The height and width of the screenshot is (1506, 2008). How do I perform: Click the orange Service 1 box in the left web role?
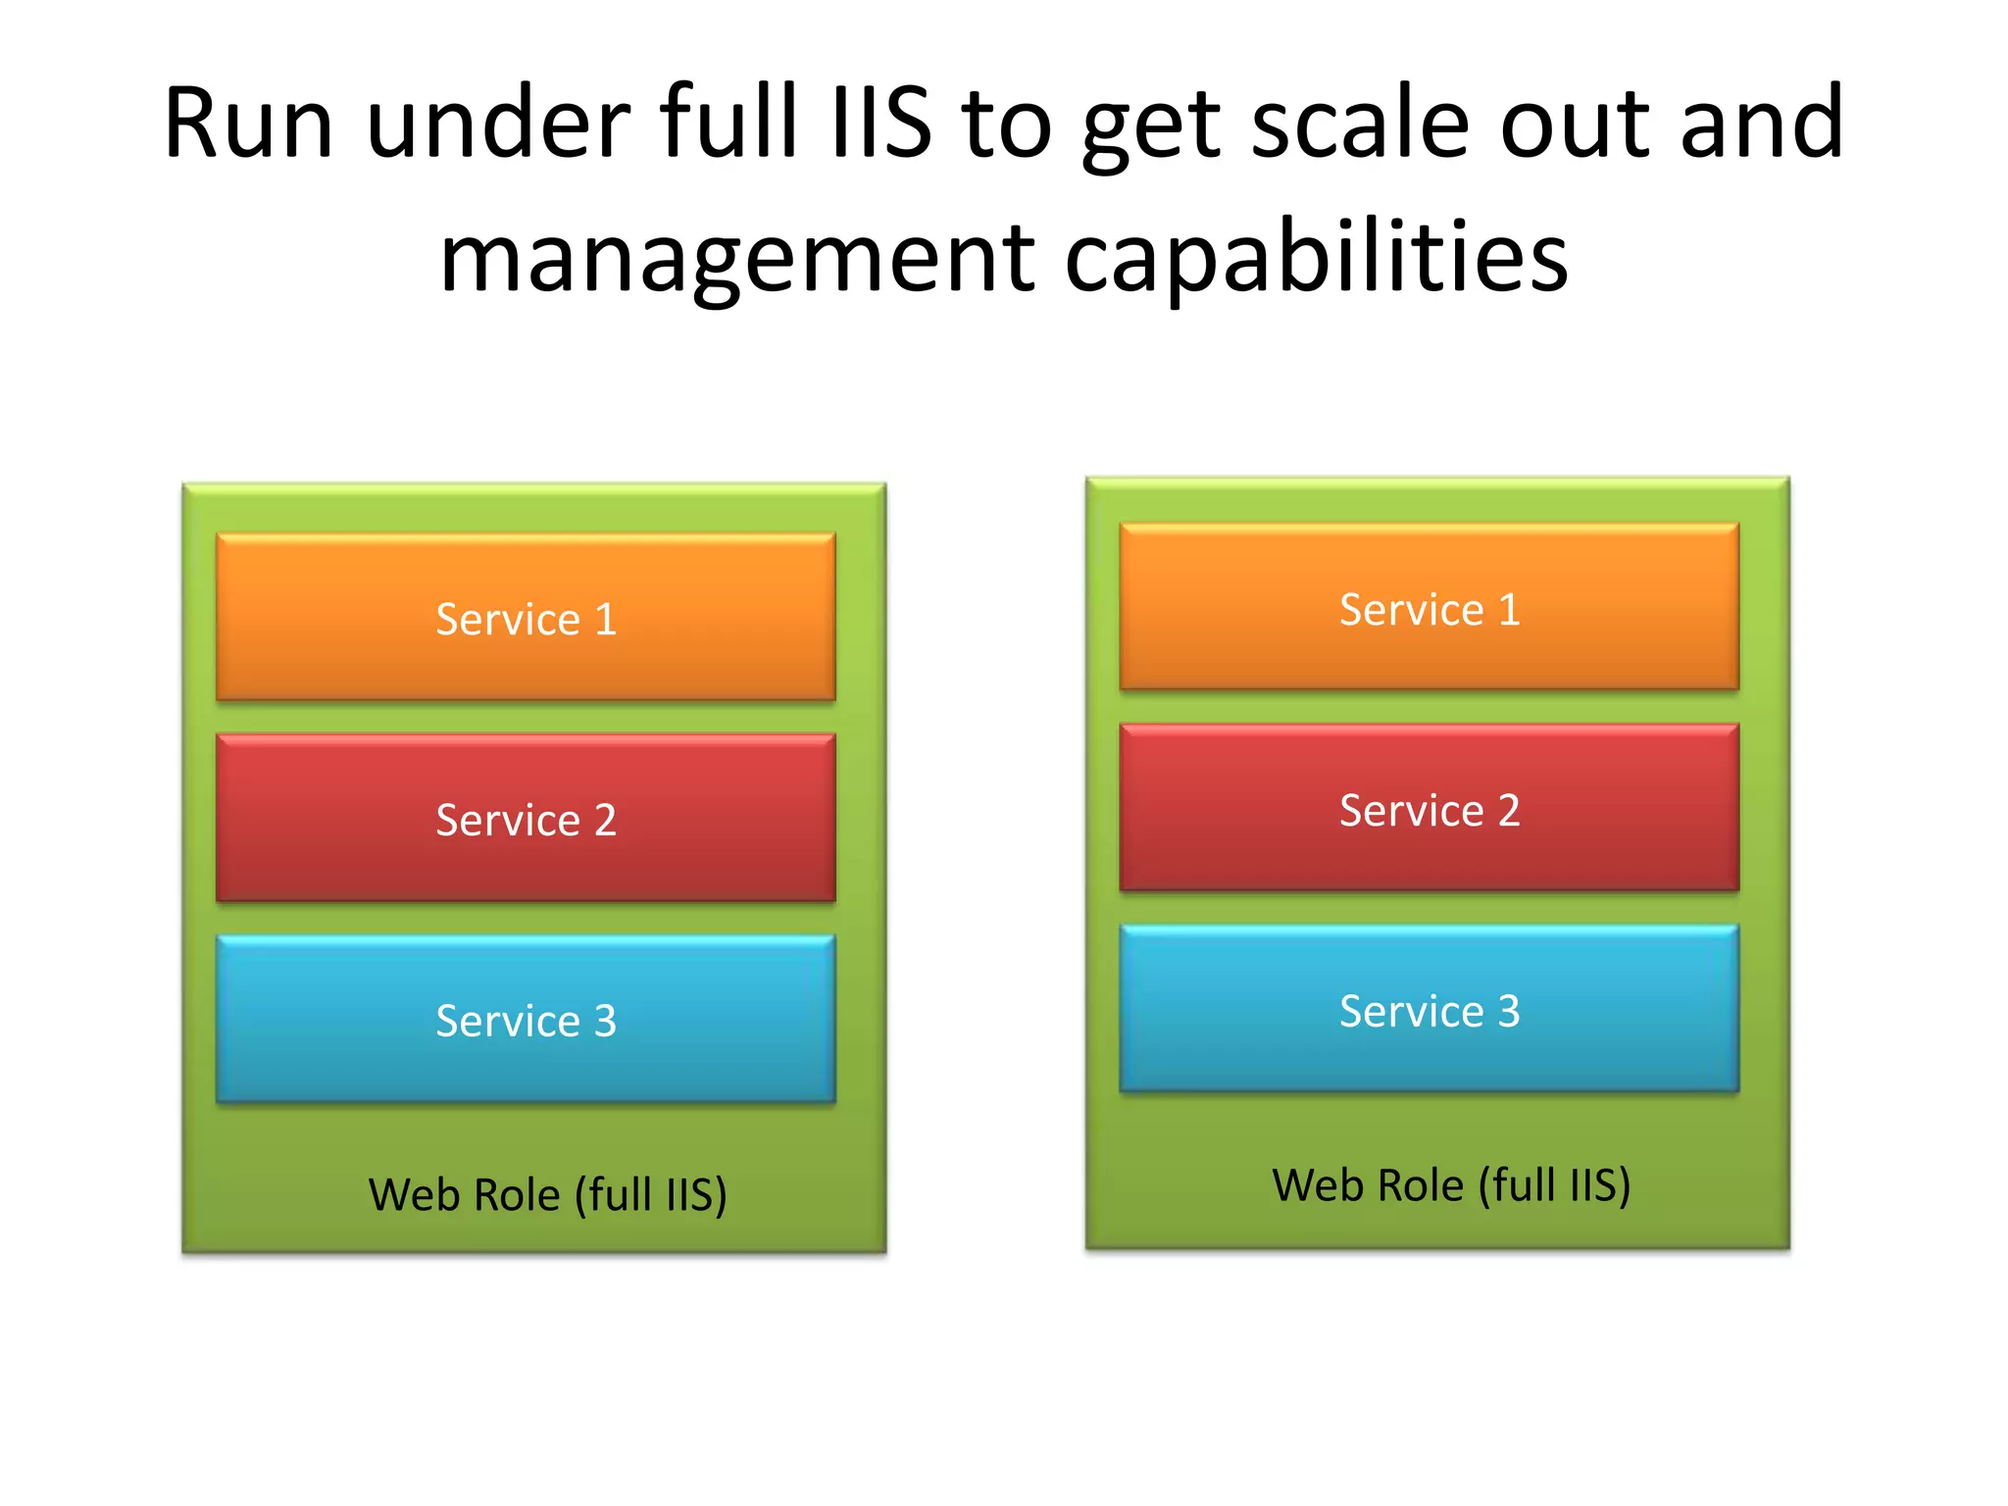[526, 617]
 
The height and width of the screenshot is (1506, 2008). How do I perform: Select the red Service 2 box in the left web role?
[526, 818]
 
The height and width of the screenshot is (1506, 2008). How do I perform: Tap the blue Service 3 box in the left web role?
[526, 1019]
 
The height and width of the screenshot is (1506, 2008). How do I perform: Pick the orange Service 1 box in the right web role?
[1429, 607]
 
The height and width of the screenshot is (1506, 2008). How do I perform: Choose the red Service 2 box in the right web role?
[1429, 808]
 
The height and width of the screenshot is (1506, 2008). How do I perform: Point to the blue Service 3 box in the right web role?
[1429, 1009]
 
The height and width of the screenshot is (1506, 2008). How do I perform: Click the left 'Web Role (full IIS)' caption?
[547, 1194]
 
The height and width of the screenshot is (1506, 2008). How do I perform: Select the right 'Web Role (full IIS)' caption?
[1451, 1184]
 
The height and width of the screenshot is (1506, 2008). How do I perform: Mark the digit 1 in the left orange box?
[606, 620]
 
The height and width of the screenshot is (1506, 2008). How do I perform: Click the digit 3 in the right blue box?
[1509, 1011]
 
